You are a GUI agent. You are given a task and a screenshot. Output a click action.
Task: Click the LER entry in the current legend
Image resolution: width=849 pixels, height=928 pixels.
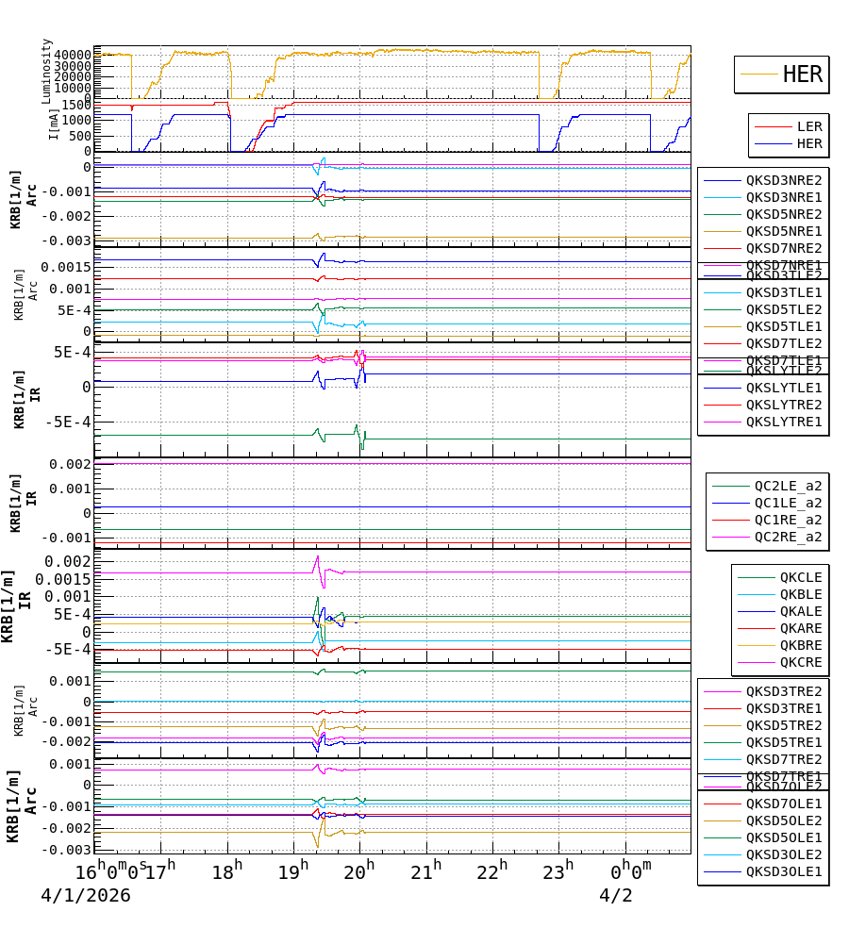click(x=809, y=126)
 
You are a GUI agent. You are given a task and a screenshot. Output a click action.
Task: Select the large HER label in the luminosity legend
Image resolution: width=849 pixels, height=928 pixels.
click(x=803, y=75)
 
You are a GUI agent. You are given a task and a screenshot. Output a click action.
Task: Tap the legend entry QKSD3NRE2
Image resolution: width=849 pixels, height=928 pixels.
click(x=784, y=180)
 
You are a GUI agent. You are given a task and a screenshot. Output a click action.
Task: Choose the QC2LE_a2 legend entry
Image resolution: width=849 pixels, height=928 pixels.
click(x=788, y=486)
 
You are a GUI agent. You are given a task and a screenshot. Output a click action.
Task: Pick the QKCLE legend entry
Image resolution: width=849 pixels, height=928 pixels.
click(x=801, y=577)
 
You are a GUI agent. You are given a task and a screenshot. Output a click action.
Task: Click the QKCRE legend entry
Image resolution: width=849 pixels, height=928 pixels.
click(x=801, y=662)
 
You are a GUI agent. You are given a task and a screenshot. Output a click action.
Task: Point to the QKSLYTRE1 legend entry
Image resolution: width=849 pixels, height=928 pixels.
click(x=784, y=422)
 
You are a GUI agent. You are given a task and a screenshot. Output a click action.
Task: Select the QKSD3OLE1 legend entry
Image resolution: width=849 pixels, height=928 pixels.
click(x=784, y=872)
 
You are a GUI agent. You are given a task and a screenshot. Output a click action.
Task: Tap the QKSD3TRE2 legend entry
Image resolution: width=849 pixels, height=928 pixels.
click(x=784, y=691)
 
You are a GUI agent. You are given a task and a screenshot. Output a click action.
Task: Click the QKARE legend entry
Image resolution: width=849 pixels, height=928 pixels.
click(x=801, y=628)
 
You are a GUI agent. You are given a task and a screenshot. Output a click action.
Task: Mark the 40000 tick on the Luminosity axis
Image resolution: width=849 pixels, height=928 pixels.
click(x=72, y=55)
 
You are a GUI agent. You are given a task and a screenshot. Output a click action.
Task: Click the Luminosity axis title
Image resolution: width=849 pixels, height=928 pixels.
click(x=47, y=70)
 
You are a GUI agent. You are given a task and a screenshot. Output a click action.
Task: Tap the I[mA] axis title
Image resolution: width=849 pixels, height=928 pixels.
click(x=53, y=123)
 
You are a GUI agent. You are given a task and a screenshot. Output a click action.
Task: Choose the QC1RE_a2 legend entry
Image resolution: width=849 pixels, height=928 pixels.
click(x=788, y=520)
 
